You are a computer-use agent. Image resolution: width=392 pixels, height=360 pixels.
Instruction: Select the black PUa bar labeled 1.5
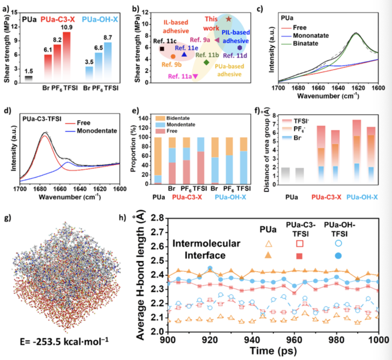pos(28,79)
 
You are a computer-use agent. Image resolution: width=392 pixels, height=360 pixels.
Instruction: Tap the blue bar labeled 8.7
pos(108,62)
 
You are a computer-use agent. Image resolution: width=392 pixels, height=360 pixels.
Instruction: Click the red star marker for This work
pos(229,19)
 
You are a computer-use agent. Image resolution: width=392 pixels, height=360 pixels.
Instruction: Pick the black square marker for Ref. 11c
pos(162,49)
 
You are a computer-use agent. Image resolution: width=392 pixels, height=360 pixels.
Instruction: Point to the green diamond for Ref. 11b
pos(206,62)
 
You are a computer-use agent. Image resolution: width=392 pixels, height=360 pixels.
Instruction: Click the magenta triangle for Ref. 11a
pos(195,76)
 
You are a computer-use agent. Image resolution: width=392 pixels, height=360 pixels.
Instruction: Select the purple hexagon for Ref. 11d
pos(240,48)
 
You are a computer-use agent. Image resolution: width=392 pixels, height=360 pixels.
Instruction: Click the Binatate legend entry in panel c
pos(301,43)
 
